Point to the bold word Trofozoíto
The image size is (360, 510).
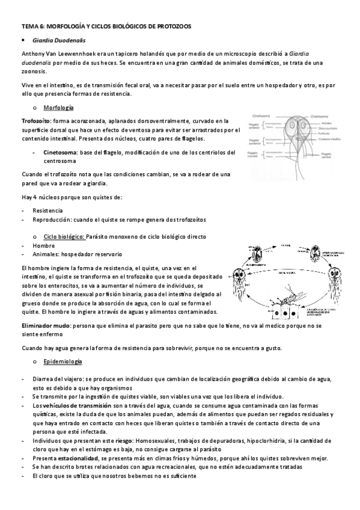36,120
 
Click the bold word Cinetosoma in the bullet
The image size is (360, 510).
60,152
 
